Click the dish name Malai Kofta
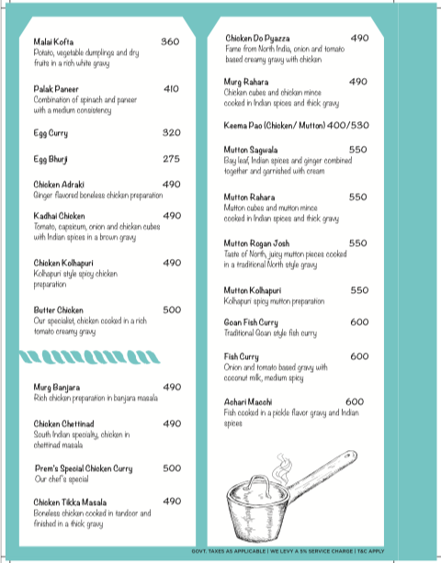53,42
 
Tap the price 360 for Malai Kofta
171,42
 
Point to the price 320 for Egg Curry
172,133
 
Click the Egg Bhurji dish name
52,159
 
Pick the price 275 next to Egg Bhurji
172,159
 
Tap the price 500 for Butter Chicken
172,310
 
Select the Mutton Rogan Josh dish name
270,243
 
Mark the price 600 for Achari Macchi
355,401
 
